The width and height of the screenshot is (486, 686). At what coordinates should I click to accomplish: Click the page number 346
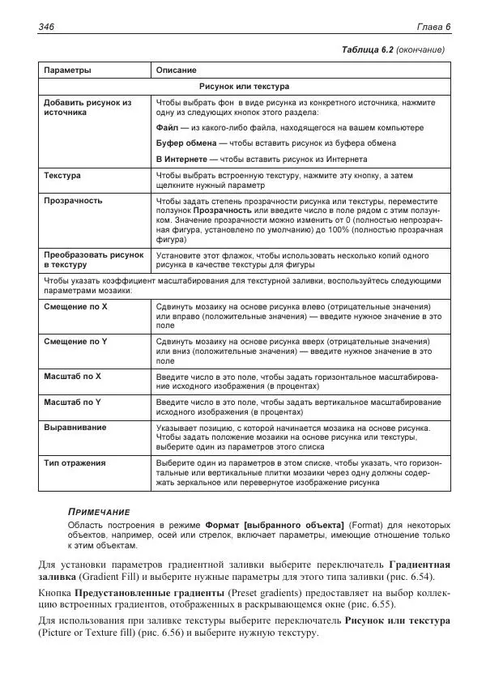47,28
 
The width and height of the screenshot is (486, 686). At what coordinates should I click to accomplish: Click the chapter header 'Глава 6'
433,28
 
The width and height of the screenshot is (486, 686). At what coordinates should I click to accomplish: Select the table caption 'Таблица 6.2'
369,50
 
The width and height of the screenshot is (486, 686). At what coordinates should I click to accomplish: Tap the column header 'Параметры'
67,70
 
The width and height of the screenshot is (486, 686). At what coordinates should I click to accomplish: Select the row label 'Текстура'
62,175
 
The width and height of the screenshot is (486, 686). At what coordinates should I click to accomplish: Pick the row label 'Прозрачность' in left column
73,199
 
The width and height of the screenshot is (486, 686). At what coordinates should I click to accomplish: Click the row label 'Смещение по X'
75,308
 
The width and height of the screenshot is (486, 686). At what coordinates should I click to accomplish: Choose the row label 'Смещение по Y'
75,342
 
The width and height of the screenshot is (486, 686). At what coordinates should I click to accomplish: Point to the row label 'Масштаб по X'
72,377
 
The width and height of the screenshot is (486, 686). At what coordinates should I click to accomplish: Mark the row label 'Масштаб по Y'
72,402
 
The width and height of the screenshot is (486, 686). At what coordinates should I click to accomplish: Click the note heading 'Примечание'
98,512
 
